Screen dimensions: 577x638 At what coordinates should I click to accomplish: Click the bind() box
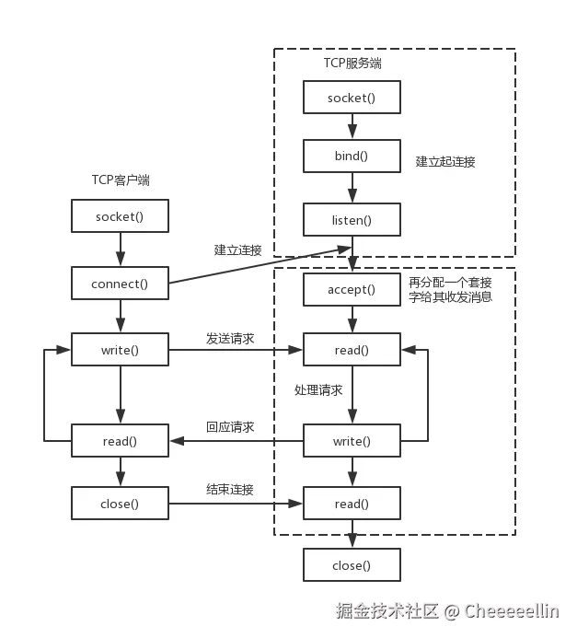pos(352,156)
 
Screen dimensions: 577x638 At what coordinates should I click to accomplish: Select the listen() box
pos(352,220)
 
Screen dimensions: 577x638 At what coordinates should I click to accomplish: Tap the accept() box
pos(352,289)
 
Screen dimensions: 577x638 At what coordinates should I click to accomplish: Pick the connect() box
pos(120,284)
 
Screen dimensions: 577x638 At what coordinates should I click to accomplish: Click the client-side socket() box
pos(120,216)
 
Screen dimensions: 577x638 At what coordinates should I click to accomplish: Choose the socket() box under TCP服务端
pos(352,98)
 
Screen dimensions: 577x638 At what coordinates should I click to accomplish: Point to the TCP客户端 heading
pos(121,180)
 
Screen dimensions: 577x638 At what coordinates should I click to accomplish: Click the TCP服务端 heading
pos(352,64)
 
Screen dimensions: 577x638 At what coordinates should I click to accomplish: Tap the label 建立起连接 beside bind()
pos(445,161)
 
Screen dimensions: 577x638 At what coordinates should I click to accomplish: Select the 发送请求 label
pos(230,338)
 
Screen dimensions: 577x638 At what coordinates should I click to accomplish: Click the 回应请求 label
pos(230,427)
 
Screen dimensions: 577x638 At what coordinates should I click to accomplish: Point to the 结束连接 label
pos(230,489)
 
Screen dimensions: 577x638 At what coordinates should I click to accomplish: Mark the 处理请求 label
pos(318,390)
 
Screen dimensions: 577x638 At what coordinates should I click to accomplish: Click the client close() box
pos(120,504)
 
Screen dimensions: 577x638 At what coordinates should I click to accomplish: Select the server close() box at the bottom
pos(352,565)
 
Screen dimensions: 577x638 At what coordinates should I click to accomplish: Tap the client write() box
pos(120,350)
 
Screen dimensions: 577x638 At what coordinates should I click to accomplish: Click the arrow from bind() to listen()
pos(352,188)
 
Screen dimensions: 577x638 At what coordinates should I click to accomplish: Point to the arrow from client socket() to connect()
pos(121,249)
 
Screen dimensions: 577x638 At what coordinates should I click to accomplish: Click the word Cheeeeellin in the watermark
pos(512,611)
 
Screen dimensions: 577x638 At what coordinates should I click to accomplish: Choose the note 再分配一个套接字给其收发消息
pos(451,289)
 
